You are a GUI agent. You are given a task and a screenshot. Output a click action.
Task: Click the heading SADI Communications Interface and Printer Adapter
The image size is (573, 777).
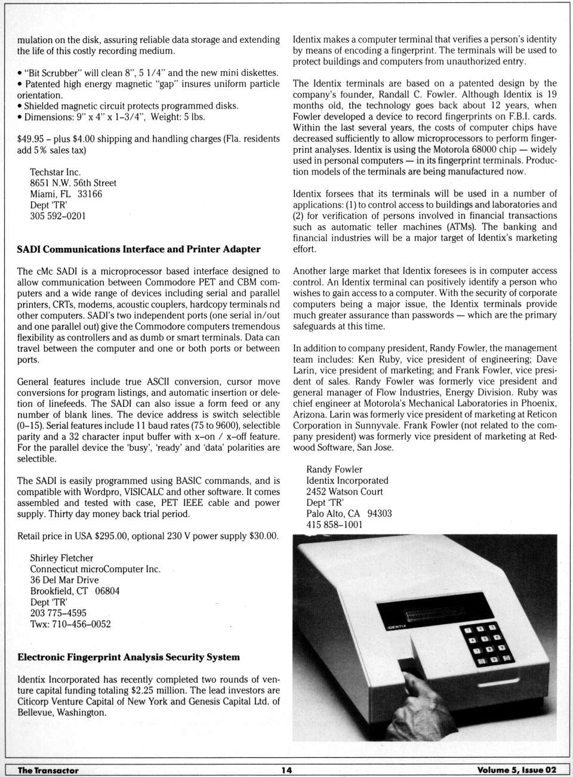click(x=138, y=249)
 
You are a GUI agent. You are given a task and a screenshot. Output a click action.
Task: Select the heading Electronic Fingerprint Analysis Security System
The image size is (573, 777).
click(x=128, y=657)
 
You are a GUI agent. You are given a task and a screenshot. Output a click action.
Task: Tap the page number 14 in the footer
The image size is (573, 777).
click(x=286, y=770)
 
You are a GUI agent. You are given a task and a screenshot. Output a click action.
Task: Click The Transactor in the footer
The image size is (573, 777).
click(x=48, y=770)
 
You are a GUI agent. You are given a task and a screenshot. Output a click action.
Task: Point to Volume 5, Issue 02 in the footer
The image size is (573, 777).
click(x=516, y=770)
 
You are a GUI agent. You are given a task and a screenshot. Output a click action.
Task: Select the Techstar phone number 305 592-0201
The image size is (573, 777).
click(x=58, y=216)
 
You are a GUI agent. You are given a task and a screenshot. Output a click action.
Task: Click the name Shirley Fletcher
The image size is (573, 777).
click(x=62, y=558)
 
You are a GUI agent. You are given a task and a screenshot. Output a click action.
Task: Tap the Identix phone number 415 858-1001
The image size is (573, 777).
click(x=334, y=524)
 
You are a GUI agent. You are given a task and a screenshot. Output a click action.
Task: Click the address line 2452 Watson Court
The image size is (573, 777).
click(x=344, y=492)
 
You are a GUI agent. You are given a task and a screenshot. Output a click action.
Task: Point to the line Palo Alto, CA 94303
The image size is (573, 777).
click(x=349, y=514)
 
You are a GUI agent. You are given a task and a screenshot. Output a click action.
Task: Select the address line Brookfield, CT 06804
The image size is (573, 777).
click(x=75, y=591)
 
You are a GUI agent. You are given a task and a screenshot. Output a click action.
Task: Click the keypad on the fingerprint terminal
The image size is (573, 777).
click(x=486, y=644)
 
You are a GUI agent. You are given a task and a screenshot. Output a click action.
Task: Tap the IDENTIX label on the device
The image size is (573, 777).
click(x=396, y=626)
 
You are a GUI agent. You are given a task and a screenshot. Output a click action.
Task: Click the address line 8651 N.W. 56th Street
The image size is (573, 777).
click(x=73, y=183)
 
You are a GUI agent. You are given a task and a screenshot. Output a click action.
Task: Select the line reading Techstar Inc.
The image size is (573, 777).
click(x=56, y=172)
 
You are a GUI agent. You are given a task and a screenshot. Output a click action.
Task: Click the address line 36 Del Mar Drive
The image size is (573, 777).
click(x=64, y=580)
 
